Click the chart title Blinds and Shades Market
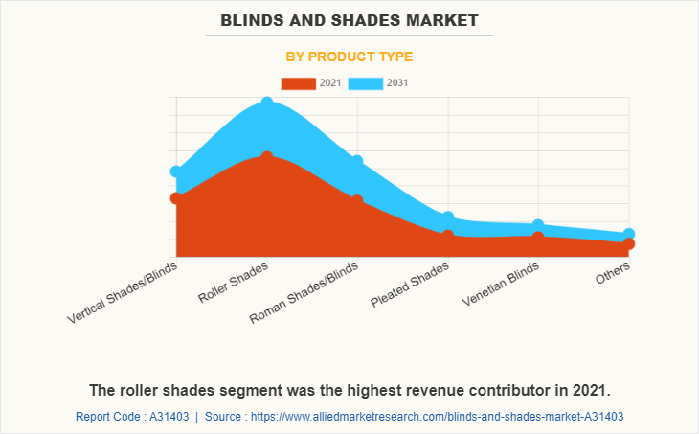349,19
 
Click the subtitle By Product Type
349,57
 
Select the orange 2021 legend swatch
298,83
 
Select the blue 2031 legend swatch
365,83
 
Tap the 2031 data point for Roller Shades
267,103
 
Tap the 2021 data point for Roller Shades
267,156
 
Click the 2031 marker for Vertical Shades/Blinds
176,171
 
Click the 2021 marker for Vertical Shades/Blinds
176,198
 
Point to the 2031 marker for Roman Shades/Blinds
357,162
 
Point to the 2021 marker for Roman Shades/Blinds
357,200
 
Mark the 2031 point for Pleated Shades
448,217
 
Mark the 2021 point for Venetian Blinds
538,237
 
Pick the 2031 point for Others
629,234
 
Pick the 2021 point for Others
629,244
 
